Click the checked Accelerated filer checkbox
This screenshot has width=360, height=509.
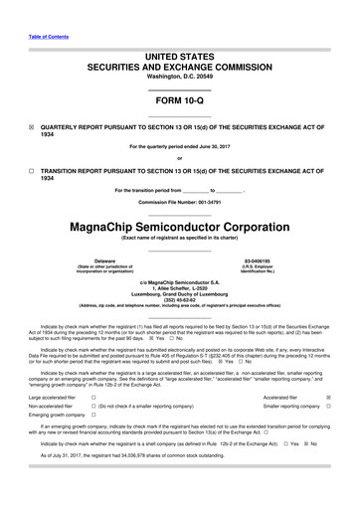pos(329,397)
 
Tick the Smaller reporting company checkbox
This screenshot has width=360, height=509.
pos(329,408)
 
